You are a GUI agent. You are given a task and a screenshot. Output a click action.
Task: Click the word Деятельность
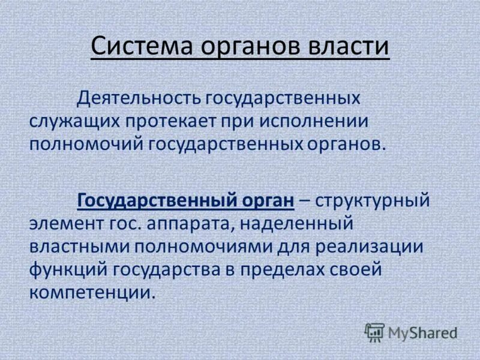coord(138,97)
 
